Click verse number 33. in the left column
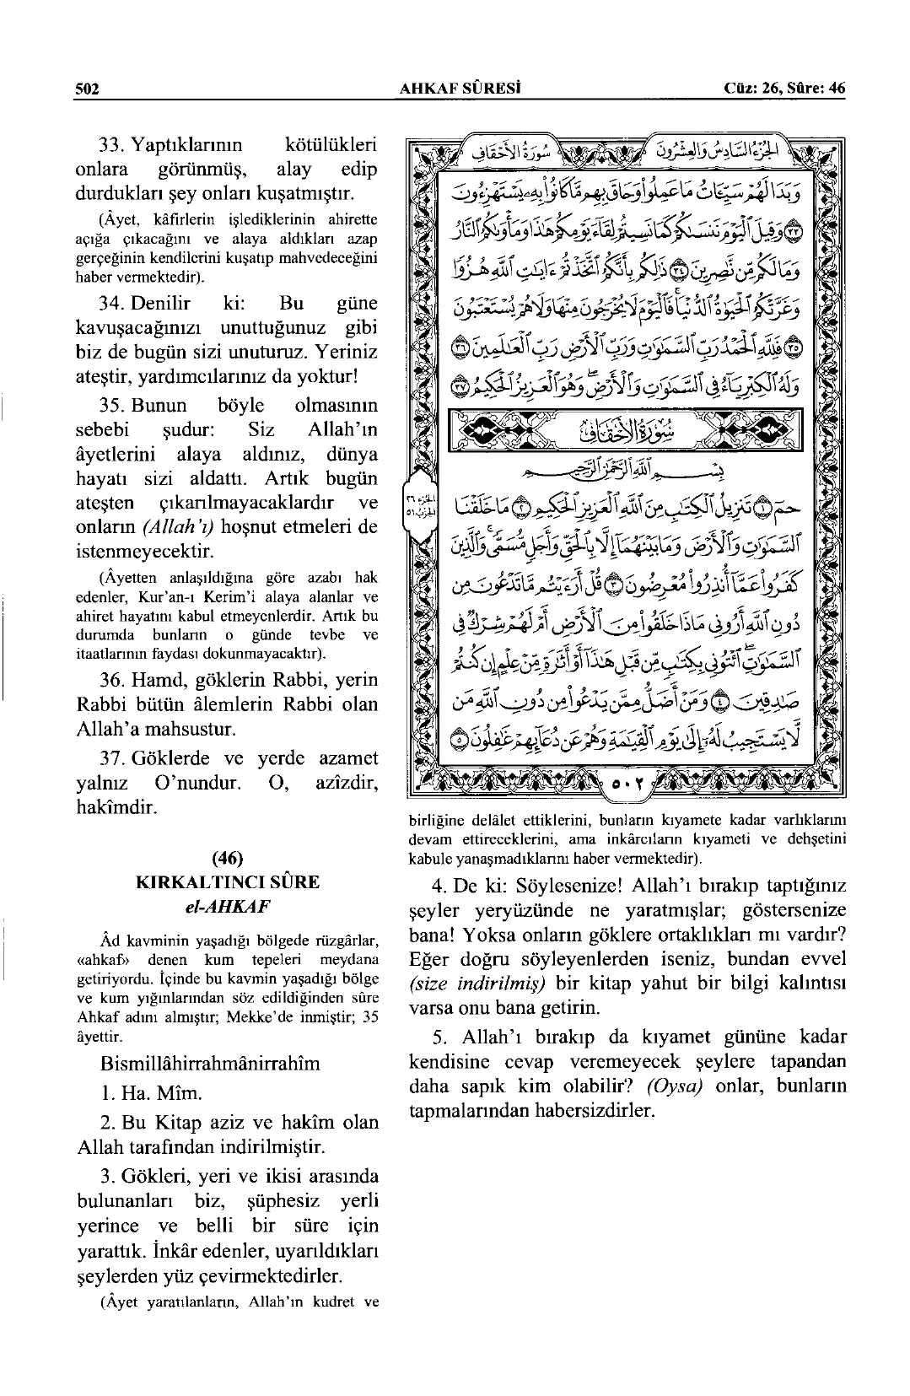114,144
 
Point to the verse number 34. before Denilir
114,303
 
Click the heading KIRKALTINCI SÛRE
228,882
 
